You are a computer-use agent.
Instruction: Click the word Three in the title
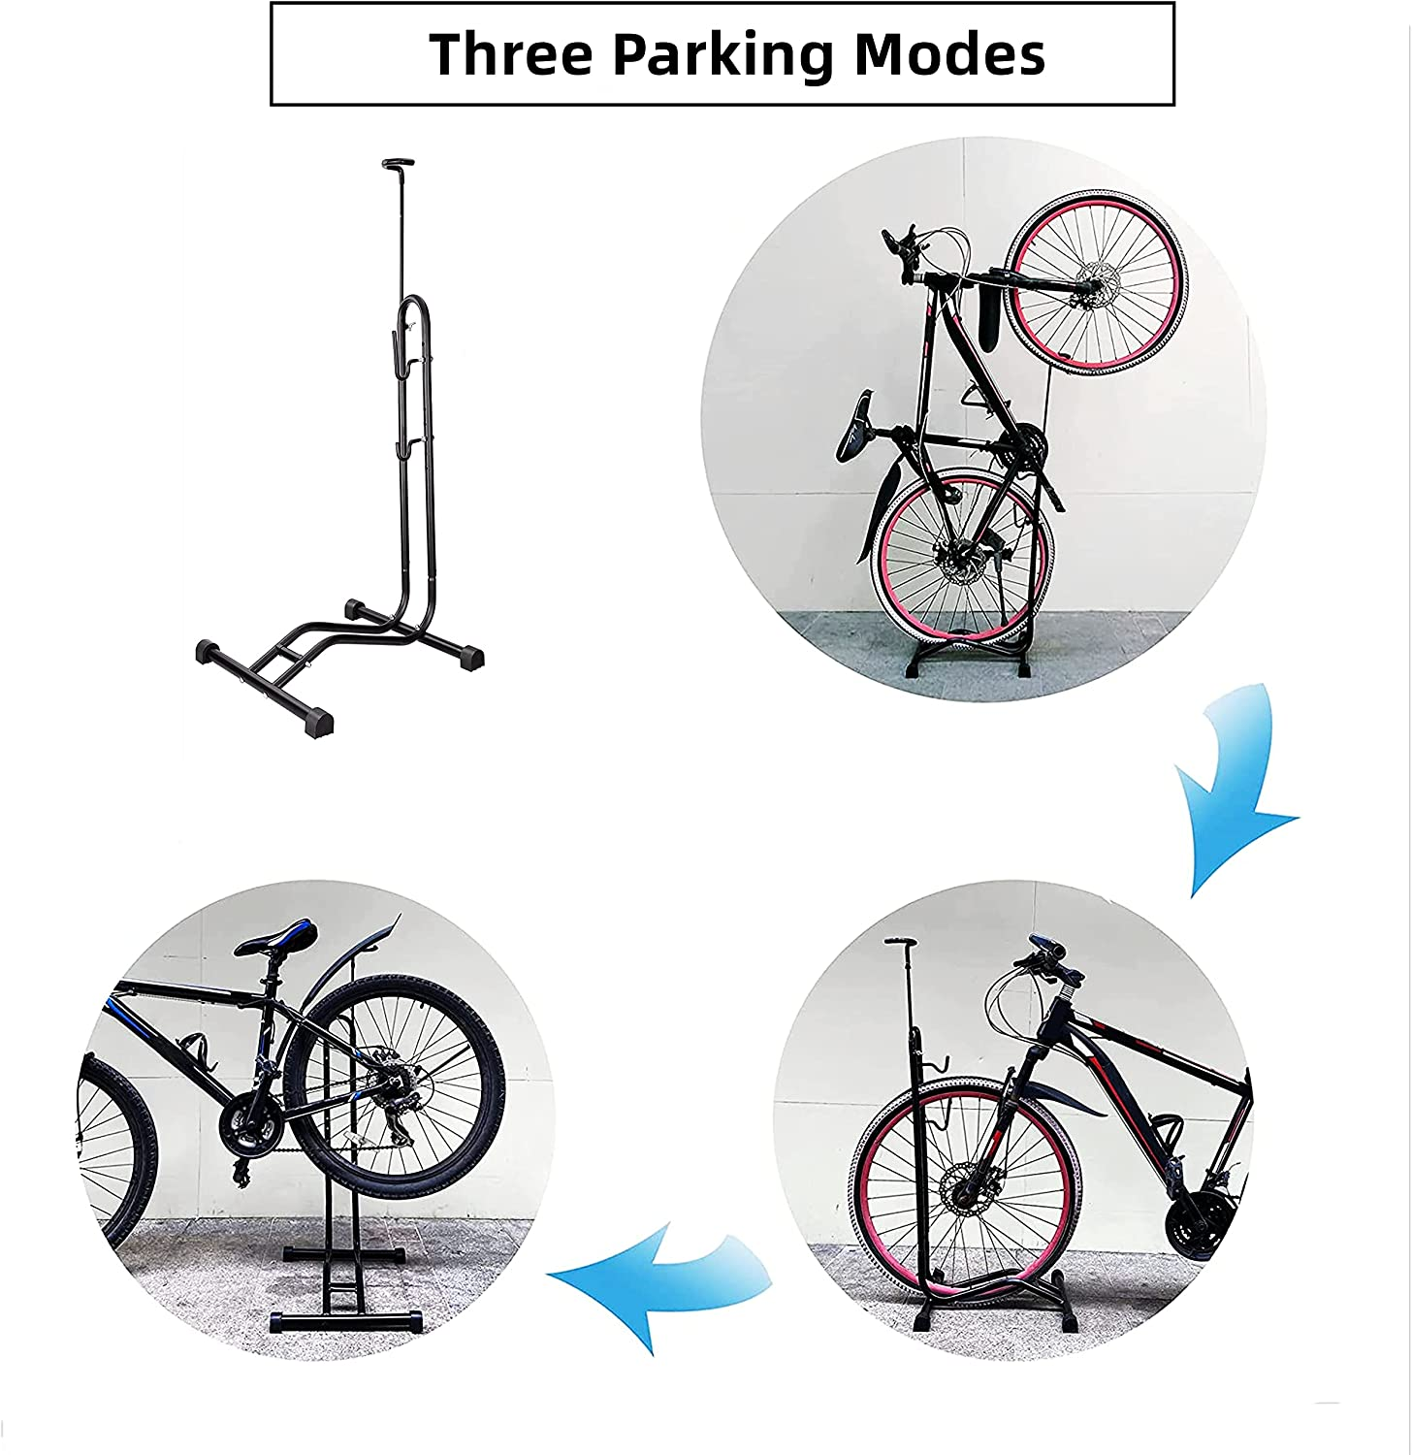coord(512,54)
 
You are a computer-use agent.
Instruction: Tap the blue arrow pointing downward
coord(1230,786)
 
